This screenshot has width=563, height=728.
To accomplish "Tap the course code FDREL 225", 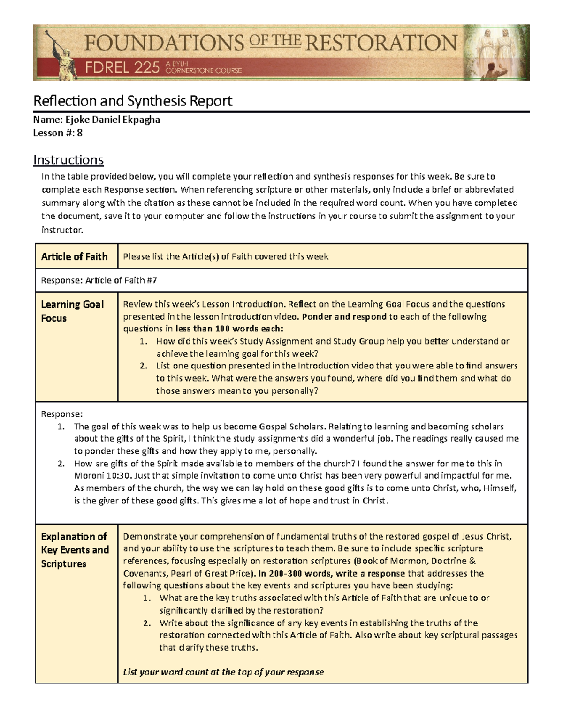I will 122,68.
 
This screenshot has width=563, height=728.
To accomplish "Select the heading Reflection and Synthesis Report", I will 132,101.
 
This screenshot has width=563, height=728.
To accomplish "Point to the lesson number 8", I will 80,133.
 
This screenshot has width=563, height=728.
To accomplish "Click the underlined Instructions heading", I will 68,160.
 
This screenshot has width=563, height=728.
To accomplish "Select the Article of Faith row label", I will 74,256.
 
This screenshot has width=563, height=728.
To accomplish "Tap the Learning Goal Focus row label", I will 72,311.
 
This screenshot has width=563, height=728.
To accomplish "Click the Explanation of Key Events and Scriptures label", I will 75,550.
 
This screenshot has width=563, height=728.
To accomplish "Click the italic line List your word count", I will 223,672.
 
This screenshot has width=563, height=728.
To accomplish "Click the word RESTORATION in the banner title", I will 381,43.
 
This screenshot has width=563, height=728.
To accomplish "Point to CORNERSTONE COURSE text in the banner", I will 204,71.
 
